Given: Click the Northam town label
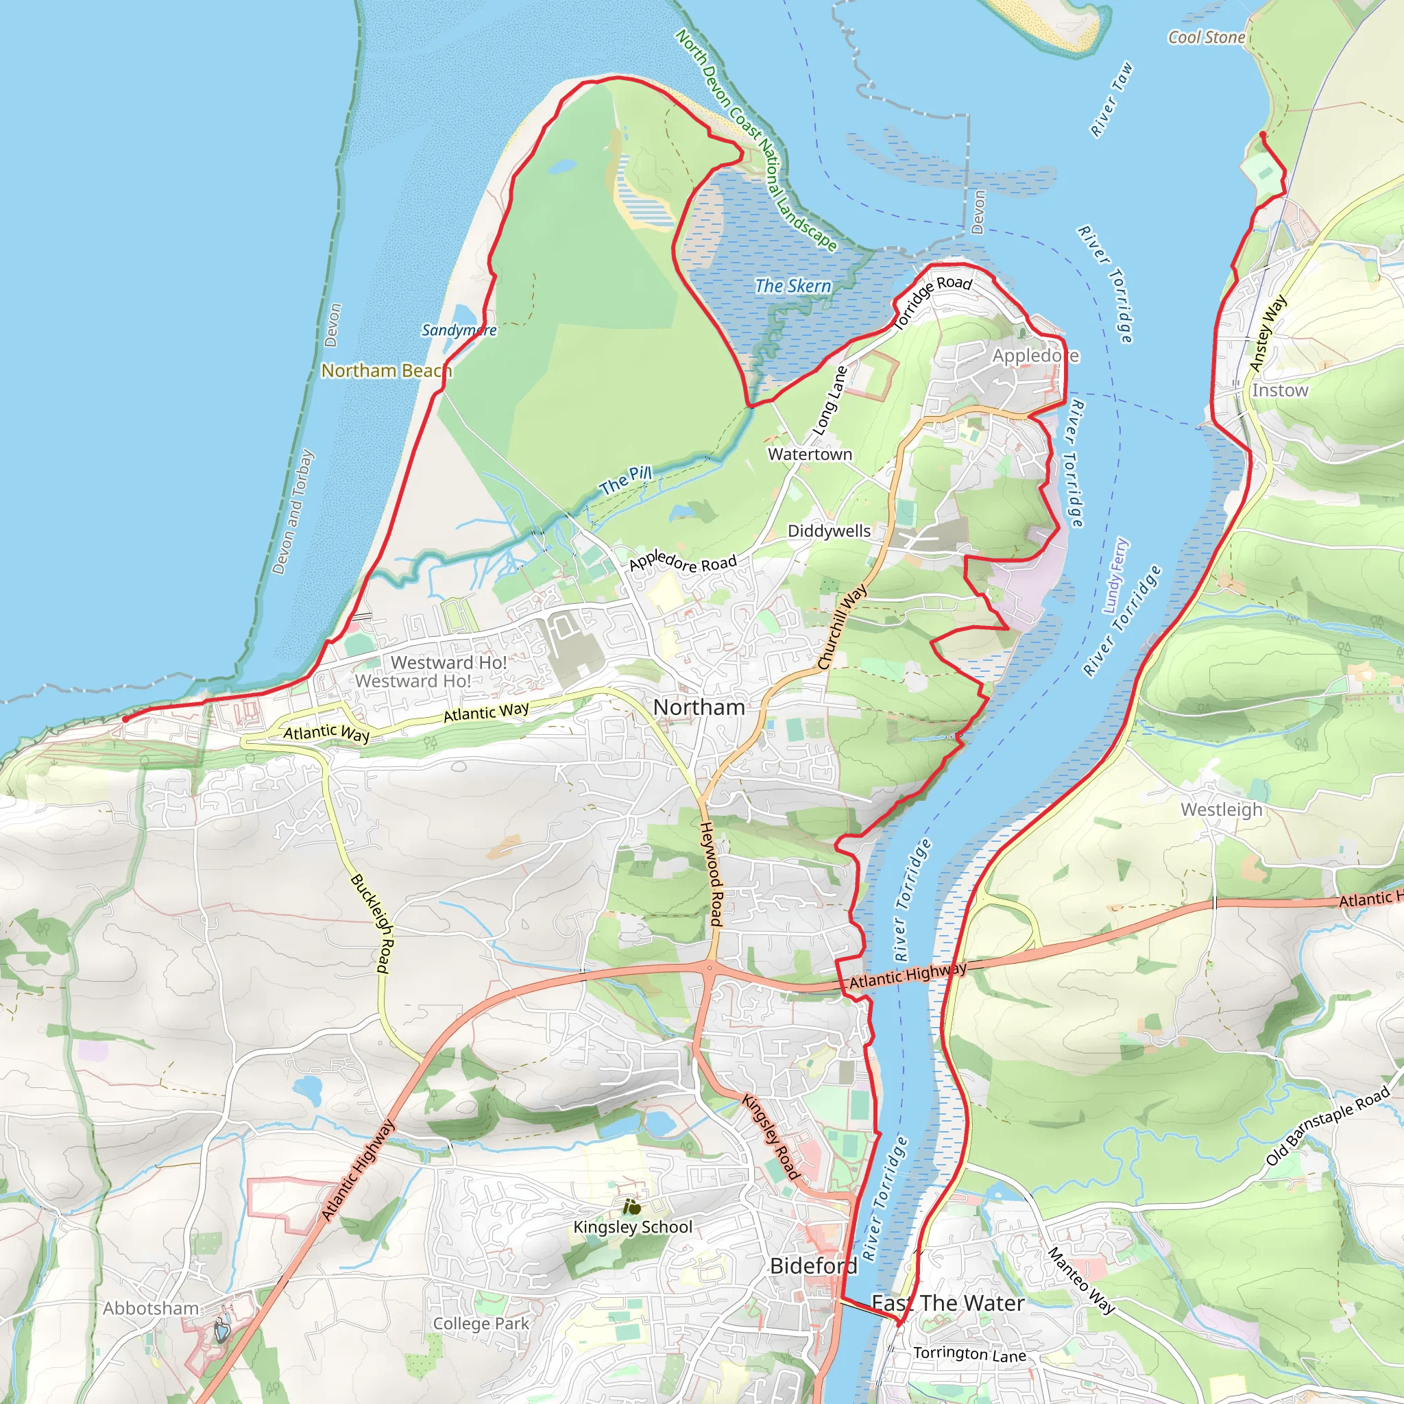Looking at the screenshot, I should pos(699,707).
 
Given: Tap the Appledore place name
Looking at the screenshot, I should pos(1036,355).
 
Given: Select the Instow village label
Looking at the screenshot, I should pos(1280,390).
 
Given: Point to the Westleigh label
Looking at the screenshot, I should pos(1222,810).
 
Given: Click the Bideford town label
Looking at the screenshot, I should pos(813,1266).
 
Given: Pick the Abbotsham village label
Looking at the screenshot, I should pos(150,1308).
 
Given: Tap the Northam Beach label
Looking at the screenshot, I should pos(387,371).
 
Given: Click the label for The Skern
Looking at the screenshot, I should pos(793,286).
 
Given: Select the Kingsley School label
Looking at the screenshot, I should pos(632,1226).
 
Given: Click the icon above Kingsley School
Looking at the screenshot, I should pos(631,1207).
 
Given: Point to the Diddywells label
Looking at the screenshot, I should pos(830,531).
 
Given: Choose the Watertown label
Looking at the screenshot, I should pos(810,455).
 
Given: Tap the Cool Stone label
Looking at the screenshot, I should pos(1207,37).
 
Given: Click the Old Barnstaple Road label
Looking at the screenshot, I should pos(1329,1126).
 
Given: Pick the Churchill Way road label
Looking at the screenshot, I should pos(843,626).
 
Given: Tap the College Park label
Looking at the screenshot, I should pos(481,1323).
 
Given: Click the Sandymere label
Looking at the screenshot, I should pos(459,330).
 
